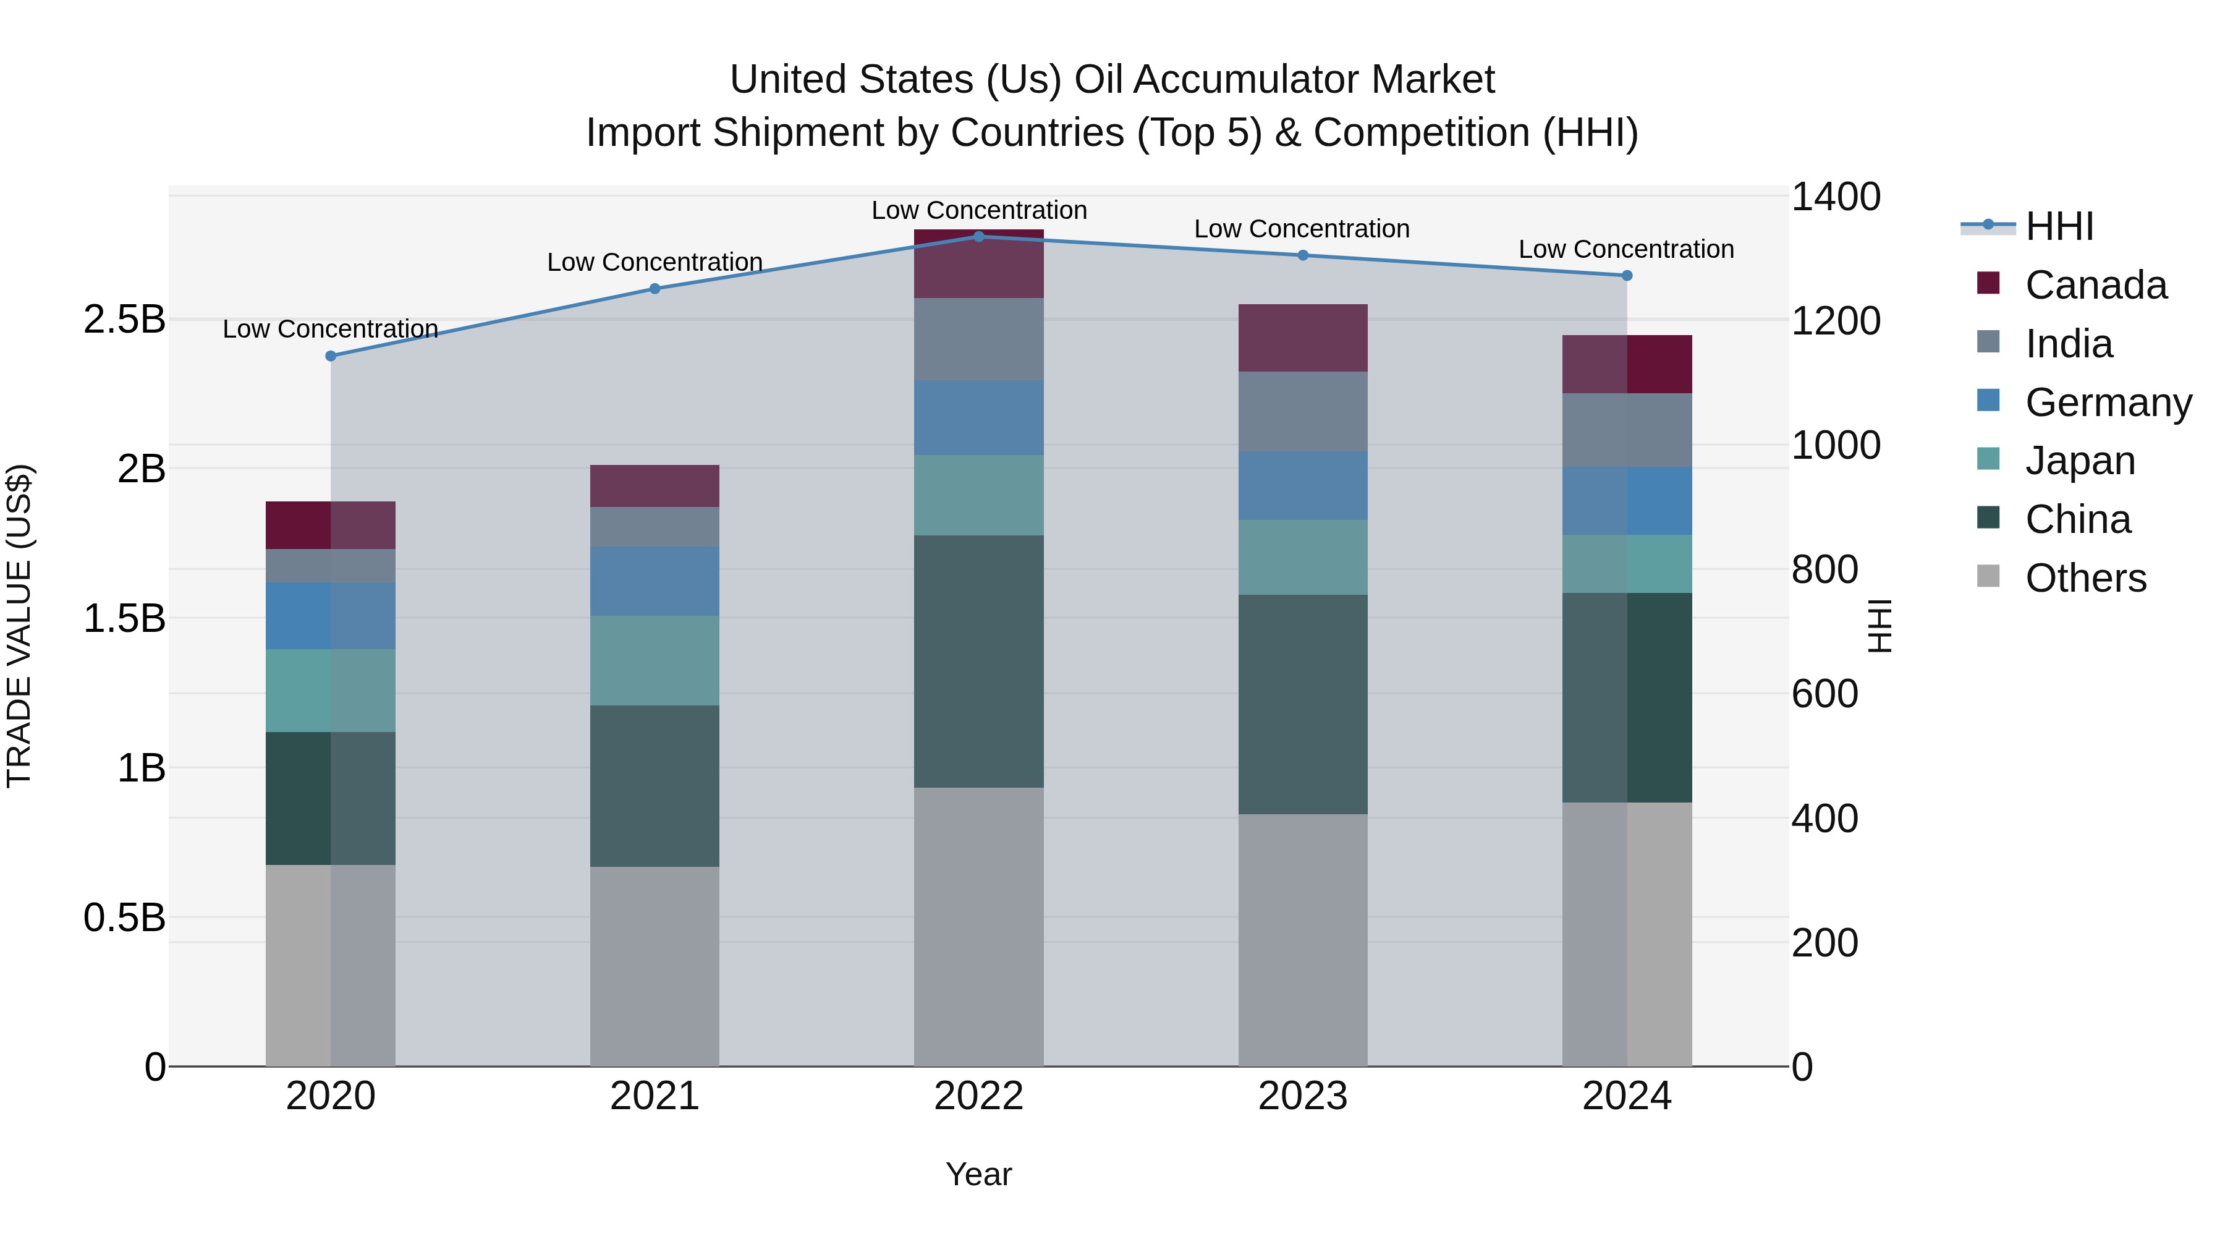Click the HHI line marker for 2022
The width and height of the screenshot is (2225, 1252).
pyautogui.click(x=978, y=236)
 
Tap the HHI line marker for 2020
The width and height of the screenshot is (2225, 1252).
pyautogui.click(x=331, y=356)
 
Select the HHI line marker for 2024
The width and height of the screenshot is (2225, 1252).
pyautogui.click(x=1627, y=276)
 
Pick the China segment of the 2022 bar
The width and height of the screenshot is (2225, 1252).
pyautogui.click(x=978, y=661)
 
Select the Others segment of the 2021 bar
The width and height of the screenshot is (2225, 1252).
pyautogui.click(x=655, y=966)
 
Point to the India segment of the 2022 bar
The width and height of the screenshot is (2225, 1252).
pyautogui.click(x=978, y=339)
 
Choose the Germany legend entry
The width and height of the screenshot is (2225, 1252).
pyautogui.click(x=2108, y=402)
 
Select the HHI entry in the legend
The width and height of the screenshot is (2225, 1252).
pyautogui.click(x=2059, y=226)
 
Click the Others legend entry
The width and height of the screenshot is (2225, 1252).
pyautogui.click(x=2085, y=578)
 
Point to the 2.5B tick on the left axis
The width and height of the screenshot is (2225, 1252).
pyautogui.click(x=124, y=320)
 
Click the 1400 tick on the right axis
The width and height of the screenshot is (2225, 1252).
pyautogui.click(x=1836, y=197)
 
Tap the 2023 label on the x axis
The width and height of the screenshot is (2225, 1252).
pyautogui.click(x=1302, y=1096)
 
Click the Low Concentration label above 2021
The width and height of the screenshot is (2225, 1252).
pyautogui.click(x=655, y=262)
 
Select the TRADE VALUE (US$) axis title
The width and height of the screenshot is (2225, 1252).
pyautogui.click(x=19, y=626)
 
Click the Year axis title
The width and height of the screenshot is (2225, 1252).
pyautogui.click(x=978, y=1174)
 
